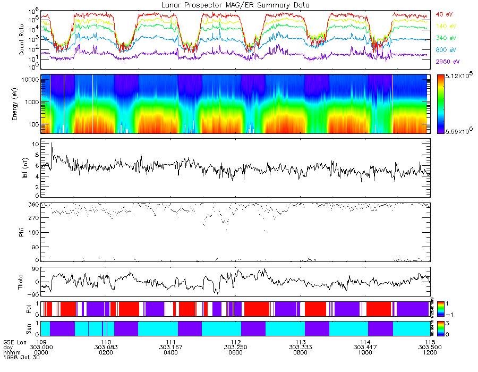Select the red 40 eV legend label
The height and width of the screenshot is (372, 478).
444,14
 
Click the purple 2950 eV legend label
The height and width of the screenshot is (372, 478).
447,62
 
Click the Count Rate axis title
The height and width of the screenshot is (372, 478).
22,41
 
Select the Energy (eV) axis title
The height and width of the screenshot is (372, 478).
22,104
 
